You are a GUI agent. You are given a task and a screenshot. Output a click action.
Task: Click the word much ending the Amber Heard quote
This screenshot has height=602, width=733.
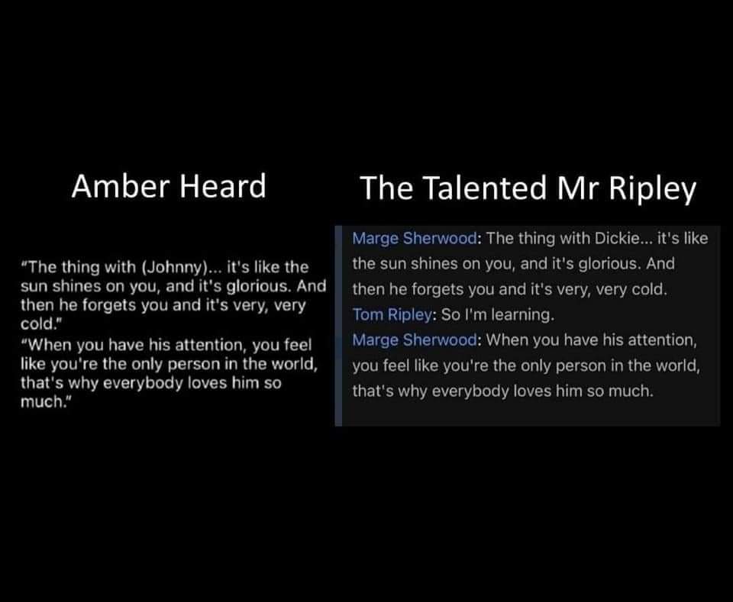tap(40, 401)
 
